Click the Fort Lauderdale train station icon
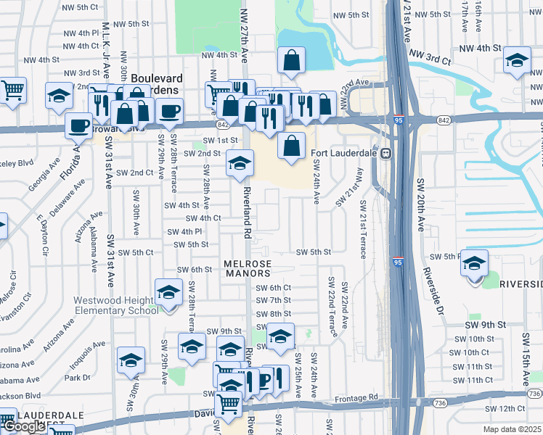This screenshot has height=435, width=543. point(387,152)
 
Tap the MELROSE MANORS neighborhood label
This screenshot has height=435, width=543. point(248,268)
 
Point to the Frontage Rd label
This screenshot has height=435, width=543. point(356,397)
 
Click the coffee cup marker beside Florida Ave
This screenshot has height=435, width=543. point(78,125)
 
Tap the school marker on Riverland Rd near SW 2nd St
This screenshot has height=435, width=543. point(239,164)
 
